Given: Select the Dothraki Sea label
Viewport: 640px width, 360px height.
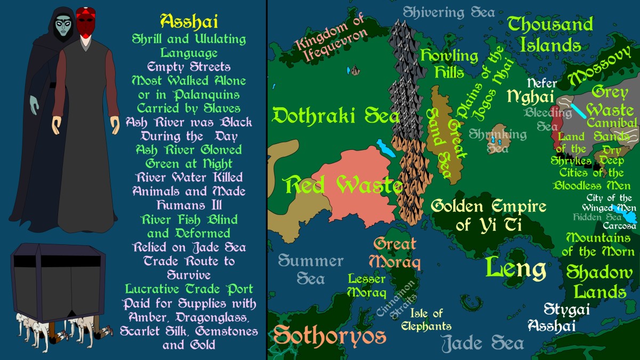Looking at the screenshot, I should (x=335, y=115).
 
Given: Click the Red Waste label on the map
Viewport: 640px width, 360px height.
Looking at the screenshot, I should (x=343, y=185).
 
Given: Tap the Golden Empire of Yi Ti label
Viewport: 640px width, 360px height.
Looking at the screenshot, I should (x=489, y=214).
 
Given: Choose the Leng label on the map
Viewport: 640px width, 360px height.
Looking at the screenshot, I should (x=516, y=268).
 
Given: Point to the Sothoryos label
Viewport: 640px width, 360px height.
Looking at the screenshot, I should (x=330, y=335).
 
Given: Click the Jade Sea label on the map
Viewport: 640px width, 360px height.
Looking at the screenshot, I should (x=483, y=342).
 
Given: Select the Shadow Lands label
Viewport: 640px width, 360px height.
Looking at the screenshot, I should (x=596, y=282).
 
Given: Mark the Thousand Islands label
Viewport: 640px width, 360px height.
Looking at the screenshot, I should (x=550, y=34).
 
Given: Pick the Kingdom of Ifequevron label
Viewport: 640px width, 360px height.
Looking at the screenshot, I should (x=332, y=38).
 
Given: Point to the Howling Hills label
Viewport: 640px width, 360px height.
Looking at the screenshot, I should (x=449, y=63).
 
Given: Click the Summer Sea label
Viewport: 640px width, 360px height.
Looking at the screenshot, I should (x=310, y=269).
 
